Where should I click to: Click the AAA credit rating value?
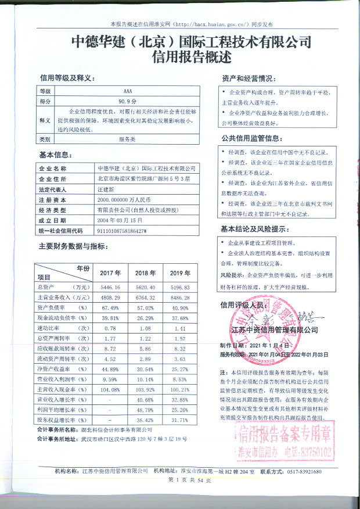point(128,92)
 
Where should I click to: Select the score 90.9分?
point(127,101)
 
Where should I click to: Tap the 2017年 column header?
point(110,273)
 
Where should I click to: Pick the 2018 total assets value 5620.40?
point(145,287)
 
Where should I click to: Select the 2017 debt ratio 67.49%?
point(110,307)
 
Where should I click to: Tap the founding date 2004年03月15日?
point(120,220)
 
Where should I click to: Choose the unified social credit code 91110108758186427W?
point(123,231)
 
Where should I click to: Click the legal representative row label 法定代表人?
point(53,189)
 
